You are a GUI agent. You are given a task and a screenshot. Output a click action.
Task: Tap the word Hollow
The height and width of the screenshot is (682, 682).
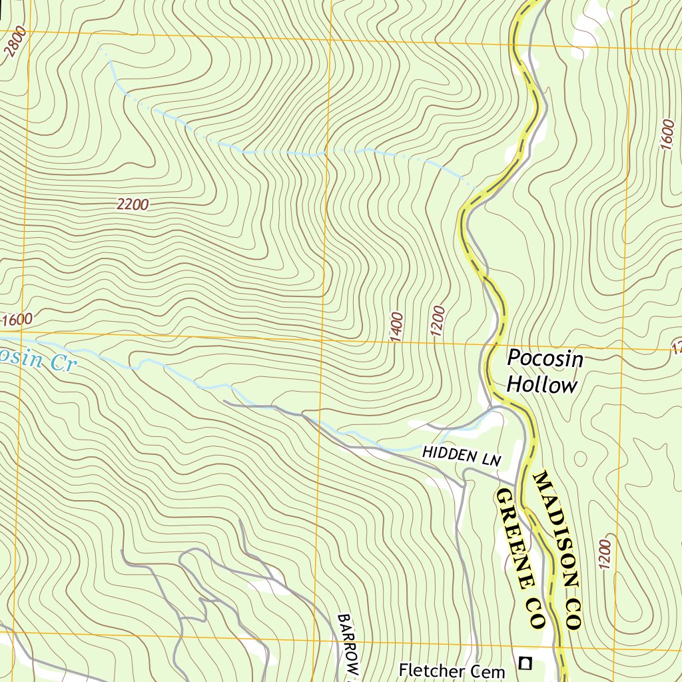541,385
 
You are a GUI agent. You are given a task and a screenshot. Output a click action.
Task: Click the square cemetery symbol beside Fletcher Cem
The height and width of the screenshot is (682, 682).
526,663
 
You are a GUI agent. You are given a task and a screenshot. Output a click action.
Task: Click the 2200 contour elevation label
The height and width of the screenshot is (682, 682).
132,205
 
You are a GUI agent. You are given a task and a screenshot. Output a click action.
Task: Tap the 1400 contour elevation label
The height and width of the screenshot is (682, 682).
398,327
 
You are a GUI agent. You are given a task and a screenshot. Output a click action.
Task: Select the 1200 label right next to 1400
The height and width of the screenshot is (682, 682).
437,322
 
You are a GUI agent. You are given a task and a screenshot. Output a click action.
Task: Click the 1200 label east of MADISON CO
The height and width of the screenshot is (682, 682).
605,552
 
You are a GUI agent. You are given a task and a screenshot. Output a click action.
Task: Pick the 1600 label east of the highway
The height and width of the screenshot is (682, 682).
667,135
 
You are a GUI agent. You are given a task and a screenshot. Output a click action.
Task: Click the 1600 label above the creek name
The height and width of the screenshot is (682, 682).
17,320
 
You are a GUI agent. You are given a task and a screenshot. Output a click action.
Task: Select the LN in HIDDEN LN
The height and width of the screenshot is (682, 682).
491,457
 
